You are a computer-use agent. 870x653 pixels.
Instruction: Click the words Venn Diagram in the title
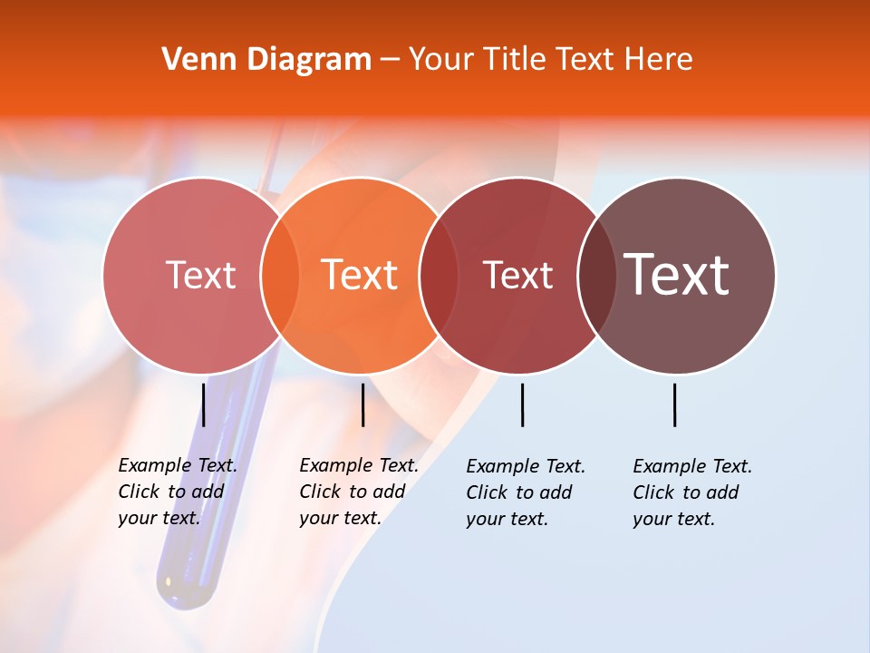266,60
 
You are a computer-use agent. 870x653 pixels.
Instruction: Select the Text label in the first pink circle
200,275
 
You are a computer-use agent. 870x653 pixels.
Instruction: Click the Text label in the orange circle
359,275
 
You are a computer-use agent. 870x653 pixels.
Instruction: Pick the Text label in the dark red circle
517,275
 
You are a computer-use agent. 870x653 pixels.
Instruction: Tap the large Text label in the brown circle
677,275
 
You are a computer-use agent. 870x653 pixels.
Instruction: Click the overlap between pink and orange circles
279,275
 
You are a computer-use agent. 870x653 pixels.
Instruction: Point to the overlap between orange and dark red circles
439,275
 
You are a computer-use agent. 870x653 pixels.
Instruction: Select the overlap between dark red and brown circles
597,275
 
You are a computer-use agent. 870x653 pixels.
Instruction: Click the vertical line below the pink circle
204,404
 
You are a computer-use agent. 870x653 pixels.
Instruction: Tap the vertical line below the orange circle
362,404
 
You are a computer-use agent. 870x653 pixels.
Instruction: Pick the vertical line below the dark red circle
522,404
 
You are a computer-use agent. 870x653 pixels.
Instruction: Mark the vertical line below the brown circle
675,404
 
